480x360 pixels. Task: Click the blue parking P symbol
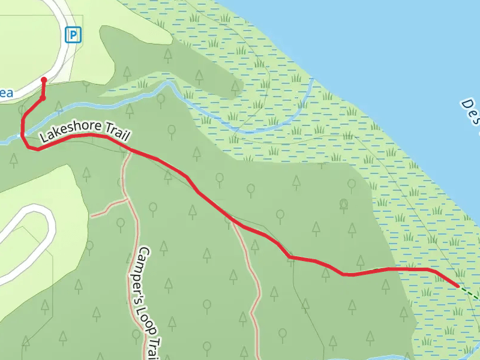coord(73,35)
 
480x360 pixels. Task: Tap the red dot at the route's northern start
coord(43,79)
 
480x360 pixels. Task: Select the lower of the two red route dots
coord(42,98)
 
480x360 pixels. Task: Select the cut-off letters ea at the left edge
coord(6,93)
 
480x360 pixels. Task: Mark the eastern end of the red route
coord(459,287)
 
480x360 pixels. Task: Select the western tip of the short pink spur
coord(92,214)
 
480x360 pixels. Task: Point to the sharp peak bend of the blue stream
coord(169,84)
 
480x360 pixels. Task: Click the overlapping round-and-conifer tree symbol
coord(344,203)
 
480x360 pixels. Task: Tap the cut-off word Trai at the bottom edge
coord(154,349)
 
